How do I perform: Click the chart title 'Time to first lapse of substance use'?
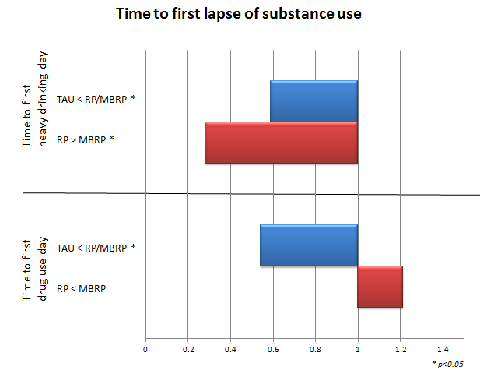click(239, 14)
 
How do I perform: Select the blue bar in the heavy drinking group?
click(314, 101)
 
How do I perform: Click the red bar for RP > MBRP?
click(281, 143)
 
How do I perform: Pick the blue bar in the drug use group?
click(309, 245)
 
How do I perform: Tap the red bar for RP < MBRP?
click(380, 287)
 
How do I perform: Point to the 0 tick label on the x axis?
click(145, 350)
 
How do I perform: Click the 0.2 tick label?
click(188, 350)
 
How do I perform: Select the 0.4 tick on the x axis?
click(230, 350)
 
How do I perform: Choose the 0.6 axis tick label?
click(273, 350)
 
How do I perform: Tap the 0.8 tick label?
click(315, 350)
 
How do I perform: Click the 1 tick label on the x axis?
click(358, 350)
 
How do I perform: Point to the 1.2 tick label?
click(401, 350)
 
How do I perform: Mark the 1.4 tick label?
click(443, 350)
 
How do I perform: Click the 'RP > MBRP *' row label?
click(86, 139)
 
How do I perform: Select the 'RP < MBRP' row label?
click(82, 288)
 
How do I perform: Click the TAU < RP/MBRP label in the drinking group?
click(96, 99)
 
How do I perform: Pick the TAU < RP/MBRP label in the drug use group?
click(96, 248)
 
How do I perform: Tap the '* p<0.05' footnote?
click(447, 364)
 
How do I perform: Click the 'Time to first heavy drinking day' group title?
click(35, 99)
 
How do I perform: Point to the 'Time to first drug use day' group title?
click(35, 270)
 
